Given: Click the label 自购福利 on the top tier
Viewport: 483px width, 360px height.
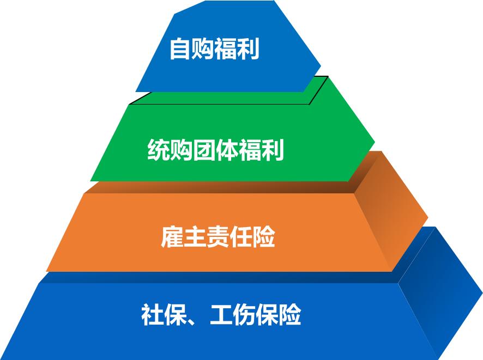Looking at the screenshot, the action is (x=214, y=48).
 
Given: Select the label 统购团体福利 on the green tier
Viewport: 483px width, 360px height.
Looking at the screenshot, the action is (x=216, y=150).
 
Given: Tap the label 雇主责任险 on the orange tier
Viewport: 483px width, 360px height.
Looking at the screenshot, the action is (x=218, y=237).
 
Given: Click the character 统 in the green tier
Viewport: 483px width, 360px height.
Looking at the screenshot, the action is (x=159, y=150).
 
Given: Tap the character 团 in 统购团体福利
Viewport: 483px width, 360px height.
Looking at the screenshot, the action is (x=204, y=150).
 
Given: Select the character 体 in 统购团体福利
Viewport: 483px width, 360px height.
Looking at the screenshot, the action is (x=227, y=150).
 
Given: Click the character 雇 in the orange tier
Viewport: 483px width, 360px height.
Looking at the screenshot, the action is (x=172, y=237).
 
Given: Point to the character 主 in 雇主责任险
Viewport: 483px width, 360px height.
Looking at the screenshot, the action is (x=195, y=237).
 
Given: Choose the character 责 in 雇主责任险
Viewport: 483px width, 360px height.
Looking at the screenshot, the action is (x=218, y=237).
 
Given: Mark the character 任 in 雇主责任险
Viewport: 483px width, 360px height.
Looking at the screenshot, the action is (x=241, y=237).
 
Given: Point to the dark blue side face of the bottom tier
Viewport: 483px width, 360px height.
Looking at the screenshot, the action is (x=442, y=294).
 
